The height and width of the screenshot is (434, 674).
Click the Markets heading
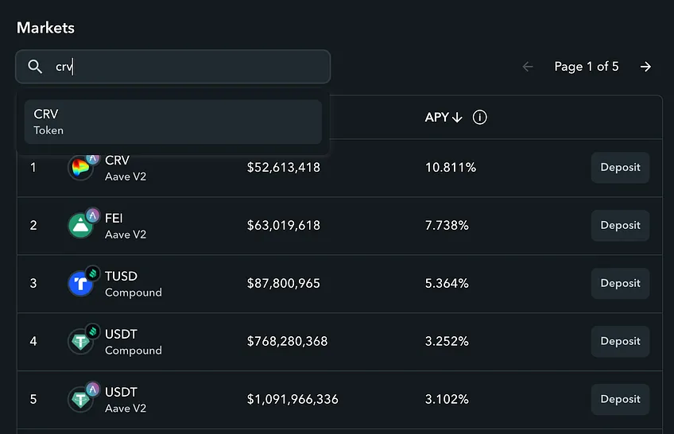coord(45,28)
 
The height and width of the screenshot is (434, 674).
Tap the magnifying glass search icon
coord(35,67)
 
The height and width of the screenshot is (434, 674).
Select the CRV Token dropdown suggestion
coord(172,122)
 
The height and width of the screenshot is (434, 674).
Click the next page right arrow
coord(645,67)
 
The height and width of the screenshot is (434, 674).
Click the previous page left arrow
coord(528,67)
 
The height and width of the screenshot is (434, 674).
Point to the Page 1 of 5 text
coord(587,67)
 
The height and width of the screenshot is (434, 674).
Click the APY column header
coord(444,118)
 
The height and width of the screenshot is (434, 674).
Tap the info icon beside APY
coord(480,118)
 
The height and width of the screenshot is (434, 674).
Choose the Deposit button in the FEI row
coord(620,225)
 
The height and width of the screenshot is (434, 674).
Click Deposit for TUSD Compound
coord(620,283)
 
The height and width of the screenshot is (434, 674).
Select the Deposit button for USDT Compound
coord(620,341)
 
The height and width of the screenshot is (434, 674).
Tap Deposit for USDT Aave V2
coord(620,399)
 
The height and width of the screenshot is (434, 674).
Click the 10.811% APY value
coord(451,167)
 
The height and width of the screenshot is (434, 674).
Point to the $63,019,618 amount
coord(284,225)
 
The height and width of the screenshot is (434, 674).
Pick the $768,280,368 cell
coord(287,341)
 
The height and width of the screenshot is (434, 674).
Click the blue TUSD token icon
coord(80,284)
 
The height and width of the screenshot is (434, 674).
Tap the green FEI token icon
coord(80,226)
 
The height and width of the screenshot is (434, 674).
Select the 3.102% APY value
coord(447,399)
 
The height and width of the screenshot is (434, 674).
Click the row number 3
coord(33,283)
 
